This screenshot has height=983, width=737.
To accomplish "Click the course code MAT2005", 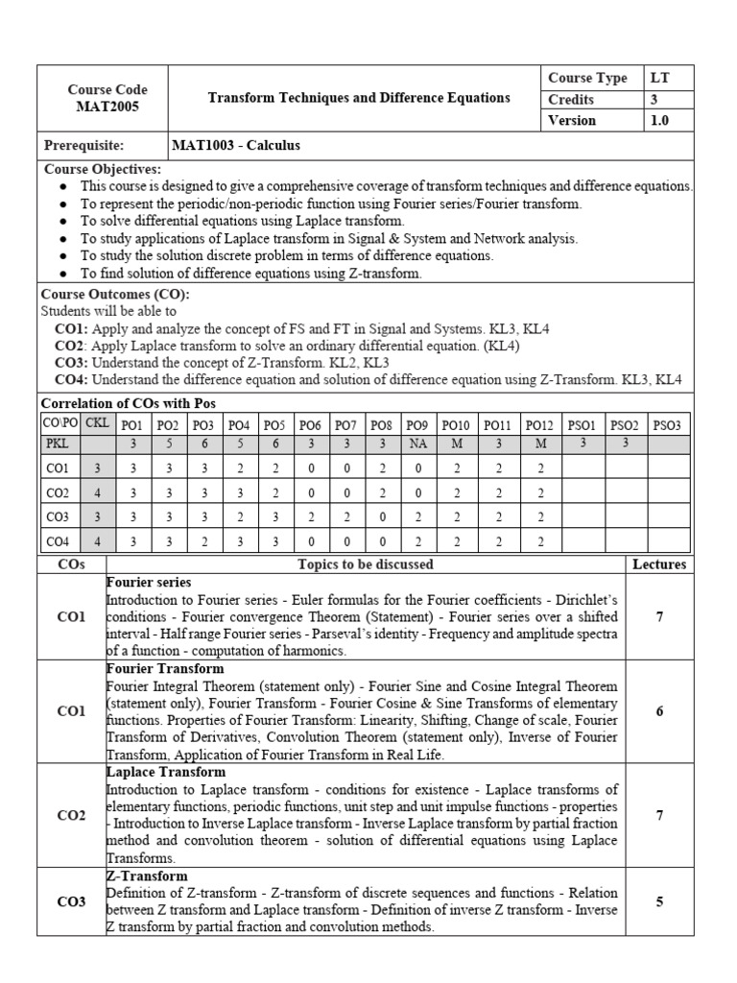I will pyautogui.click(x=107, y=107).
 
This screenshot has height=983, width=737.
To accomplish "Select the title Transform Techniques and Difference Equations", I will pyautogui.click(x=359, y=98).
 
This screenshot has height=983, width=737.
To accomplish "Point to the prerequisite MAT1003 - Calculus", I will pyautogui.click(x=236, y=146).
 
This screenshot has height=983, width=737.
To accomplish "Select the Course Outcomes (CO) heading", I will pyautogui.click(x=115, y=295).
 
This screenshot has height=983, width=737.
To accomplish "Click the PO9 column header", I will pyautogui.click(x=416, y=423).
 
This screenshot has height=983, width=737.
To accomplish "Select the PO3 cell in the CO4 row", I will pyautogui.click(x=203, y=542).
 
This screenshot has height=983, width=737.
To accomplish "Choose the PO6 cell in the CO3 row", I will pyautogui.click(x=310, y=517).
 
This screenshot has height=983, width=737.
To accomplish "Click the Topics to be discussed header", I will pyautogui.click(x=366, y=564).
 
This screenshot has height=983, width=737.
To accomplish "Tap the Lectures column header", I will pyautogui.click(x=659, y=564).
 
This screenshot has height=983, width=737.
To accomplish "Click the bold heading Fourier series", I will pyautogui.click(x=149, y=582).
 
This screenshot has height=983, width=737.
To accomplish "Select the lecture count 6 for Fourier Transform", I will pyautogui.click(x=659, y=711).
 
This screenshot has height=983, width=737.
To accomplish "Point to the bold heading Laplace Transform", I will pyautogui.click(x=166, y=772).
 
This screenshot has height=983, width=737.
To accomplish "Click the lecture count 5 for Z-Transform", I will pyautogui.click(x=659, y=902).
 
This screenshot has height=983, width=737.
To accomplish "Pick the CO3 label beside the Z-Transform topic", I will pyautogui.click(x=71, y=902).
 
